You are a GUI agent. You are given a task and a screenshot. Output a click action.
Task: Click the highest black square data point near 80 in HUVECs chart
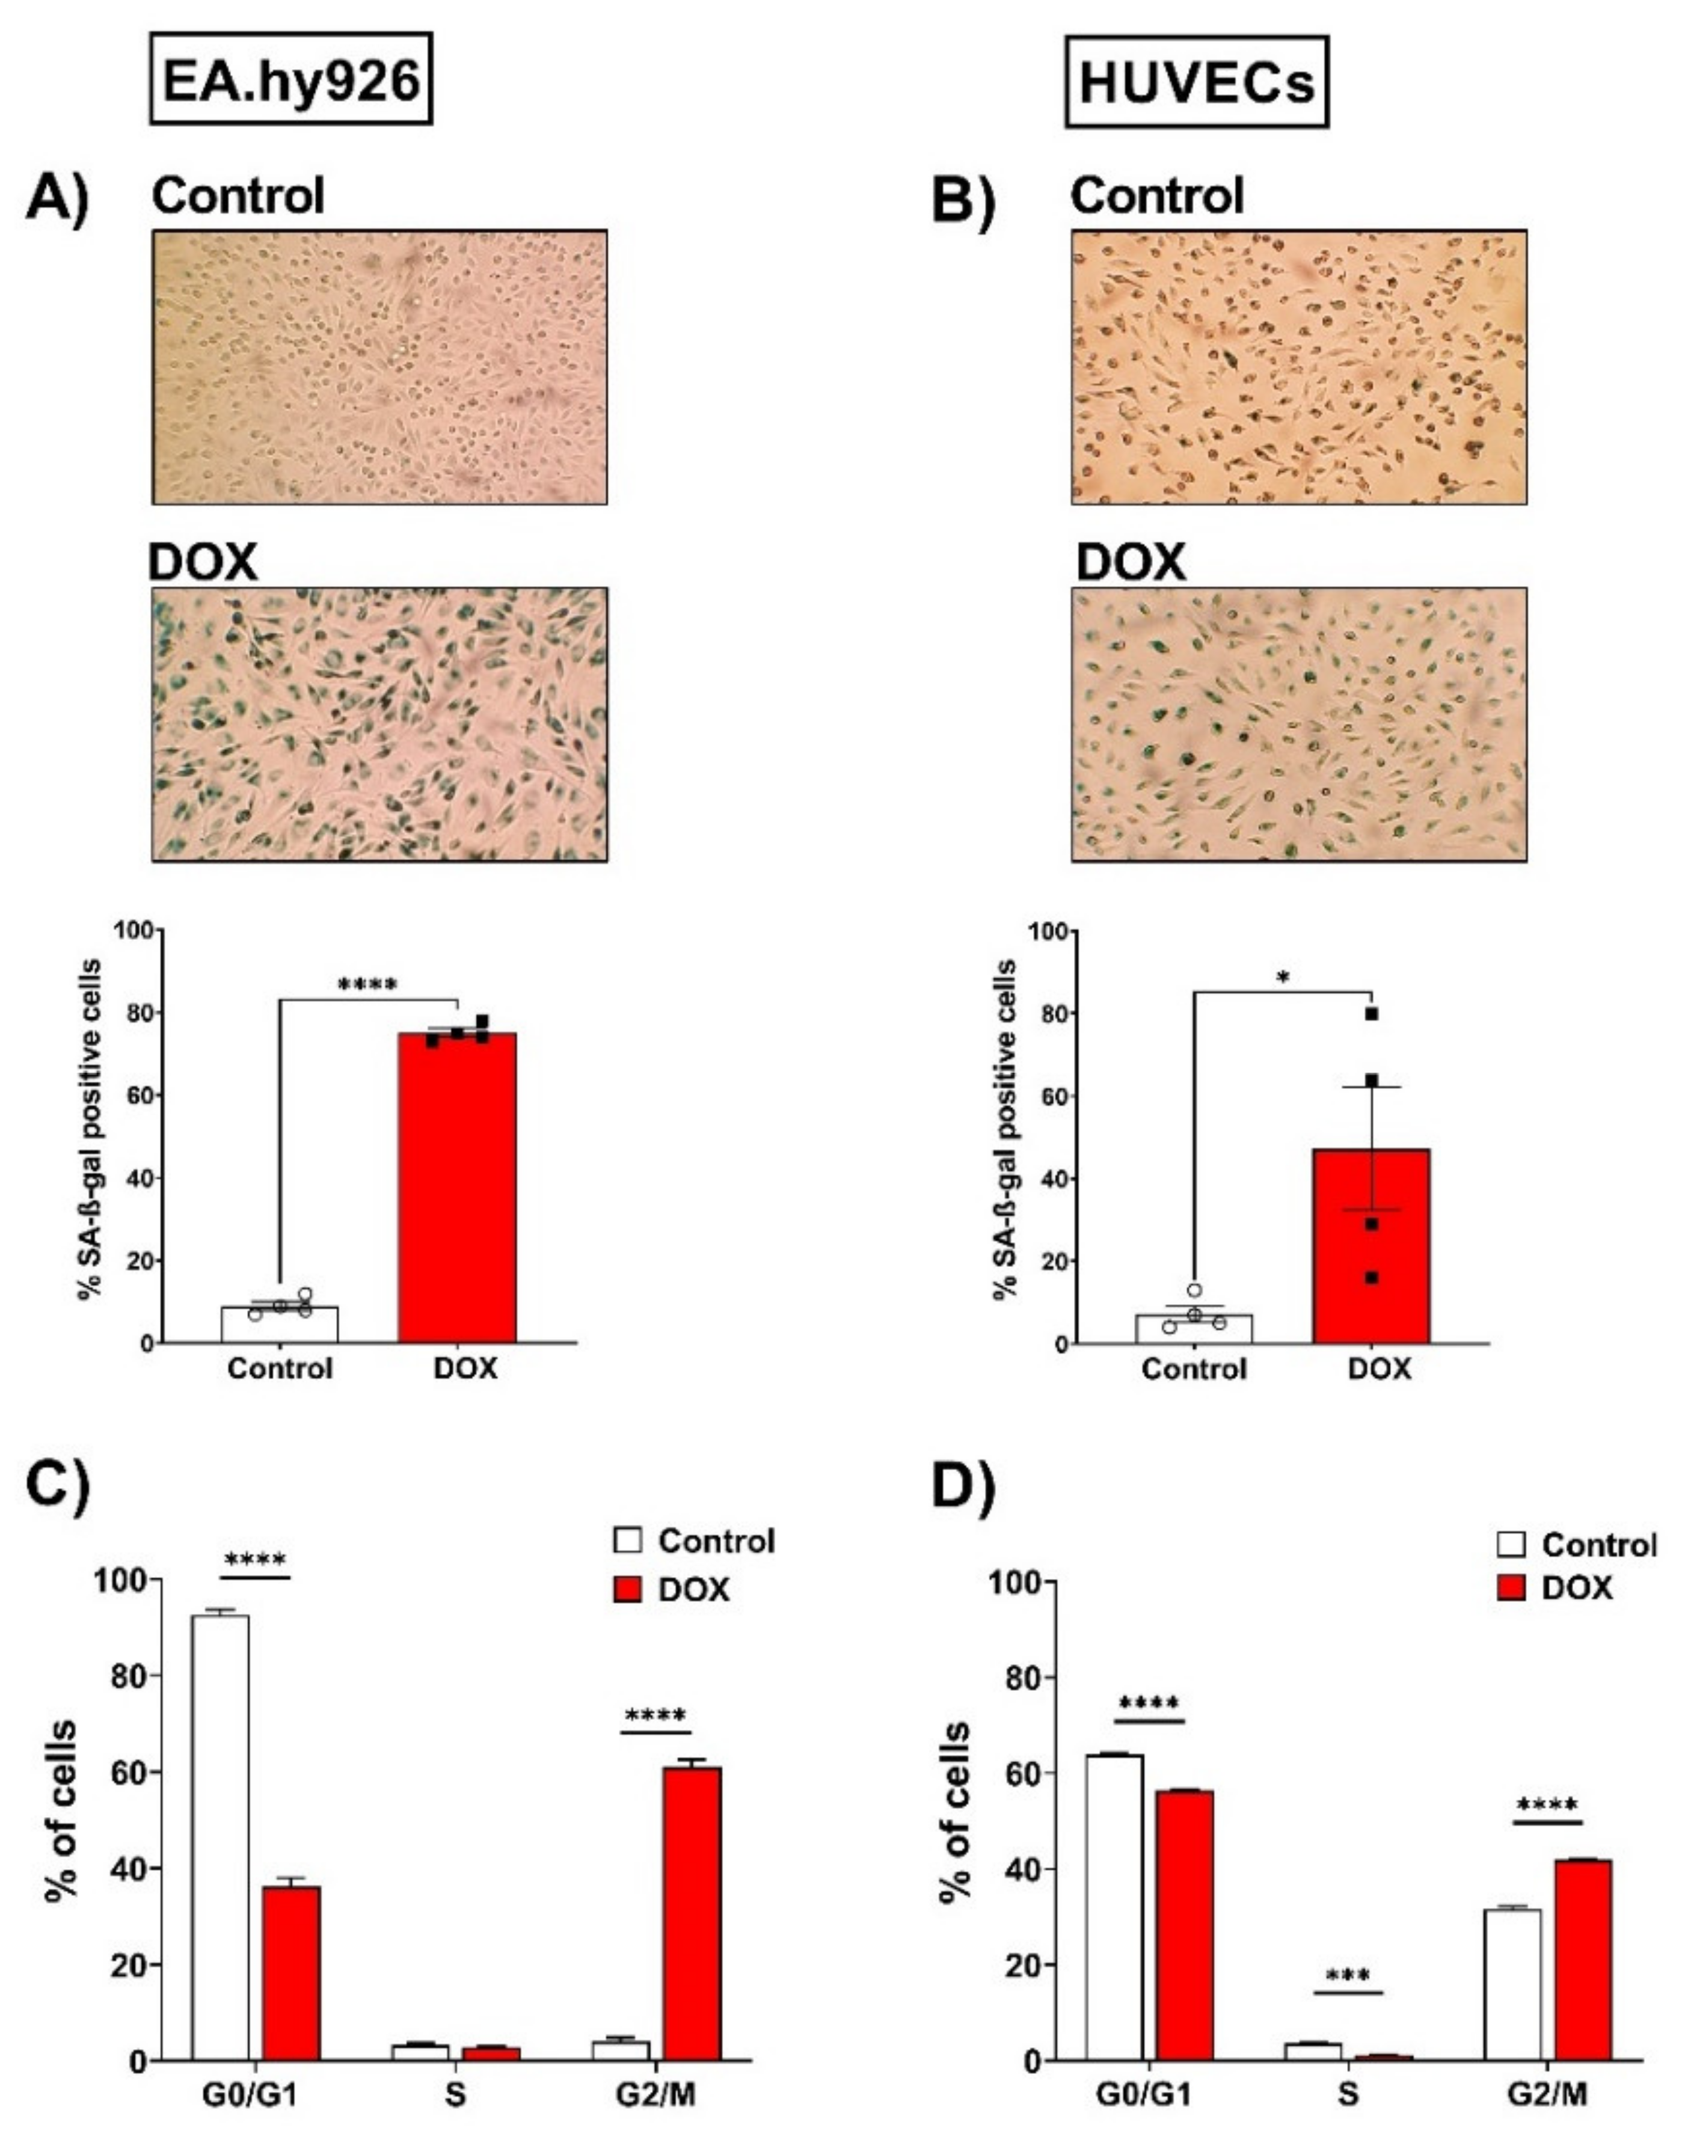coord(1371,1013)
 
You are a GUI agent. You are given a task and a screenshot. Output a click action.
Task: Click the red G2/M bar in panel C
coord(692,1913)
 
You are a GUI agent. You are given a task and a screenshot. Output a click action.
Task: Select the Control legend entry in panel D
coord(1577,1544)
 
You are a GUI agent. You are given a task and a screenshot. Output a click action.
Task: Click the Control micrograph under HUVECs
coord(1300,367)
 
